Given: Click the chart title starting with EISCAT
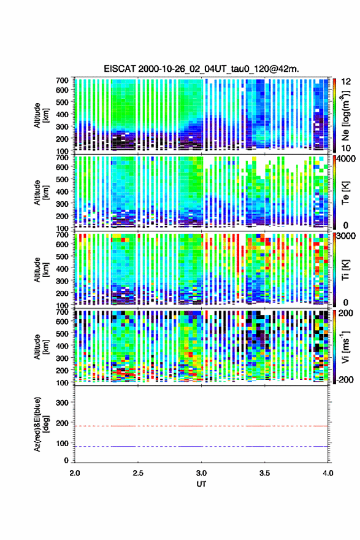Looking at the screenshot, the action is (x=201, y=69).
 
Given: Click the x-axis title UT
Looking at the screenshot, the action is (x=201, y=484).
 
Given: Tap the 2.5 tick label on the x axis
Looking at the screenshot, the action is (x=138, y=473).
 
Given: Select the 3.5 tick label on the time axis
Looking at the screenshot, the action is (x=265, y=473).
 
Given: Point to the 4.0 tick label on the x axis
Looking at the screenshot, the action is (x=327, y=473).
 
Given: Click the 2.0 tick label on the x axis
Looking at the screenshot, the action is (x=75, y=473).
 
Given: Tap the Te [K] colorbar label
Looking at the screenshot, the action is (x=345, y=192).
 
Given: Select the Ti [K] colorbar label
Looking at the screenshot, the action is (x=345, y=269).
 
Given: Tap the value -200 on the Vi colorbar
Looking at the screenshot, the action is (x=344, y=379).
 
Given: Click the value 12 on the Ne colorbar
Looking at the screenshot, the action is (x=346, y=82).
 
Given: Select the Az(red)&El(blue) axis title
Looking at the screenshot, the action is (x=40, y=424).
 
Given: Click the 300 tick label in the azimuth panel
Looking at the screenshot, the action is (x=62, y=403).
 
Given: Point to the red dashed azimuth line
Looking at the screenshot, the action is (x=201, y=426).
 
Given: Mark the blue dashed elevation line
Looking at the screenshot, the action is (x=201, y=446).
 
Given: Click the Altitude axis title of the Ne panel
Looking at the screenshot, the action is (x=40, y=115).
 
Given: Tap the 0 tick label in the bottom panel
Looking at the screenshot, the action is (x=66, y=460).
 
